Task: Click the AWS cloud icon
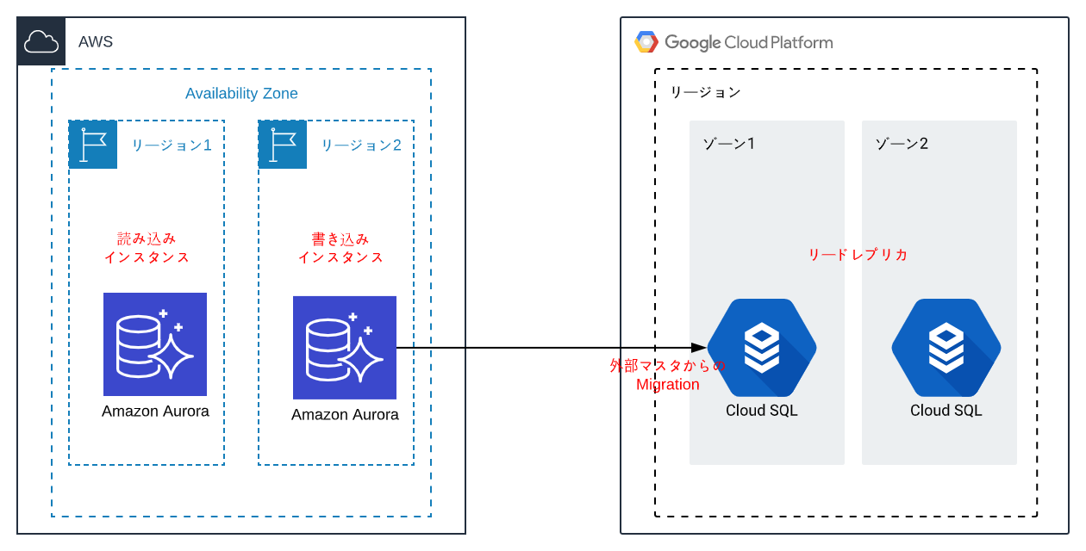click(x=41, y=41)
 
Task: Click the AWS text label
click(x=96, y=41)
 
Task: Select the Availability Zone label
click(x=241, y=93)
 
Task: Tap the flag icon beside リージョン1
click(x=92, y=145)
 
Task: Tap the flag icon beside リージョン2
click(x=282, y=145)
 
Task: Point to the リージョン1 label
click(x=172, y=145)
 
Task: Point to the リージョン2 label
click(x=361, y=145)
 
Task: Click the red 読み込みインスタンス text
click(x=147, y=247)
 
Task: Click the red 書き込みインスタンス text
click(x=340, y=247)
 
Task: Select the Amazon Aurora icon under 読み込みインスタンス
click(x=155, y=344)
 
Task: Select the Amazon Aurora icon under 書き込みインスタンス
click(x=345, y=348)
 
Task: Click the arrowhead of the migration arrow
click(x=700, y=348)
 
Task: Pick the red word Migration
click(x=668, y=385)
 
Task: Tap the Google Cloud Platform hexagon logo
click(x=646, y=41)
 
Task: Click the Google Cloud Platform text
click(x=749, y=41)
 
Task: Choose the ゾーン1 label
click(x=728, y=143)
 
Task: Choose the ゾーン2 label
click(x=901, y=143)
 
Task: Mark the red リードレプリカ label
click(x=858, y=255)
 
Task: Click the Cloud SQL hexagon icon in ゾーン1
click(x=762, y=348)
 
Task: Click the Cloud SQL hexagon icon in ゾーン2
click(x=946, y=348)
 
